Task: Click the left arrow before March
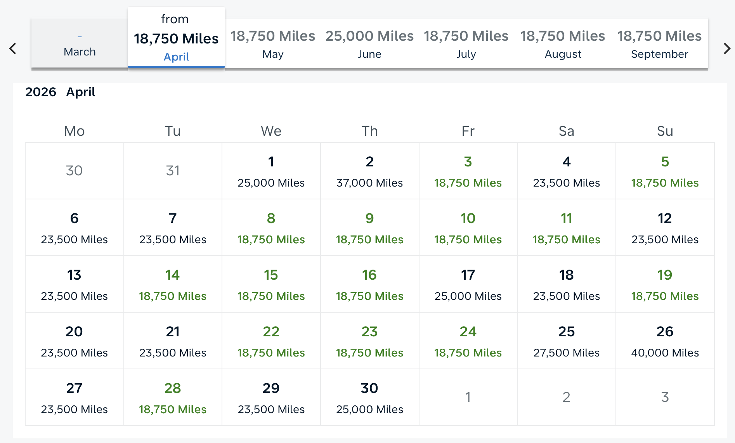pyautogui.click(x=13, y=48)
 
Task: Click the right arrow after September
pyautogui.click(x=726, y=48)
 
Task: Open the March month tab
pyautogui.click(x=80, y=44)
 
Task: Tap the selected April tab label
pyautogui.click(x=176, y=57)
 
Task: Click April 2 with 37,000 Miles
pyautogui.click(x=369, y=171)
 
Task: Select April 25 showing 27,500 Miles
pyautogui.click(x=566, y=341)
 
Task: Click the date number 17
pyautogui.click(x=468, y=275)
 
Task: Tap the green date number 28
pyautogui.click(x=173, y=388)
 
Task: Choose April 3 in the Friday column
pyautogui.click(x=468, y=171)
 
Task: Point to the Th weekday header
pyautogui.click(x=369, y=131)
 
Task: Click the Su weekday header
pyautogui.click(x=665, y=131)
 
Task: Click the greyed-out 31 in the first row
pyautogui.click(x=173, y=171)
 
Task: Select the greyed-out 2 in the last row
pyautogui.click(x=566, y=397)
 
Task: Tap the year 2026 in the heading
pyautogui.click(x=41, y=92)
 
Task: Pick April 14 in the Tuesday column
pyautogui.click(x=173, y=284)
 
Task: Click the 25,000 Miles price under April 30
pyautogui.click(x=369, y=409)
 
